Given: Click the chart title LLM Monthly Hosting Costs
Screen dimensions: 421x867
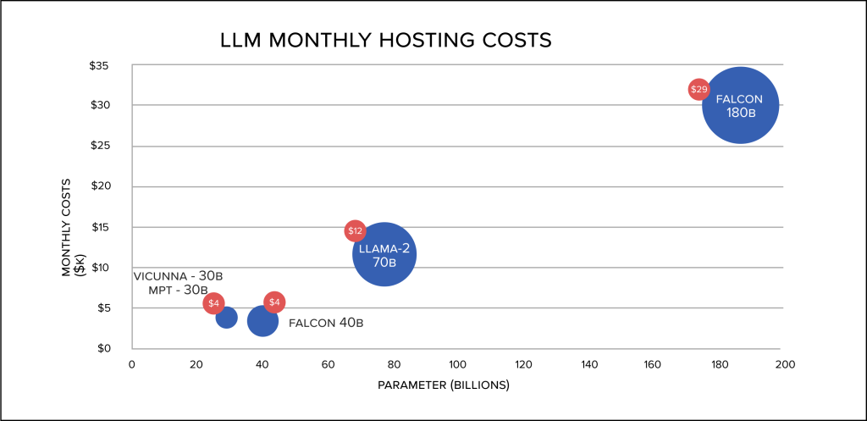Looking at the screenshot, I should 385,40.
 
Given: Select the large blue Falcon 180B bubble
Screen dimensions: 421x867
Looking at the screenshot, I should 740,106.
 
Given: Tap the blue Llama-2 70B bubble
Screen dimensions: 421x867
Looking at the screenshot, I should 384,255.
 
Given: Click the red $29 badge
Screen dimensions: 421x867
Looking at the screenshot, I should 699,89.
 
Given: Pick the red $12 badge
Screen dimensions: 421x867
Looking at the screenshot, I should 355,230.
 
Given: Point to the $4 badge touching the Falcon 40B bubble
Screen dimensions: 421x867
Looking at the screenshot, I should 274,302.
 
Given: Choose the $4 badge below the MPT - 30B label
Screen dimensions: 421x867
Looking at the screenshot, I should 214,303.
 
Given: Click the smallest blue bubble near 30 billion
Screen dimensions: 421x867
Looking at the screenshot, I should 226,318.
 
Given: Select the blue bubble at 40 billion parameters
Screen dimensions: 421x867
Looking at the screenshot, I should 262,321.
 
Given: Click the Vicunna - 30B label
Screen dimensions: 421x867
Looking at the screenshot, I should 183,276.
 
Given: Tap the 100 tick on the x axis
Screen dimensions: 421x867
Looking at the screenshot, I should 458,364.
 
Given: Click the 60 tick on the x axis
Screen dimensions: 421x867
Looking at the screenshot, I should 328,364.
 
